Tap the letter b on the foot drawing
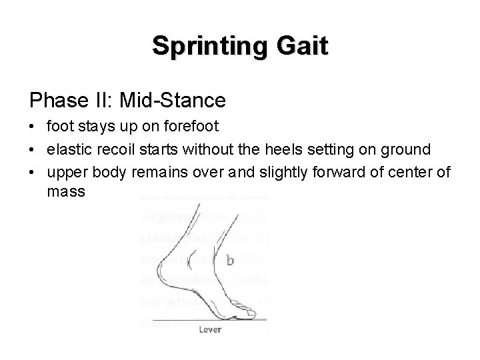[x=229, y=261]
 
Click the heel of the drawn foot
[x=163, y=267]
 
